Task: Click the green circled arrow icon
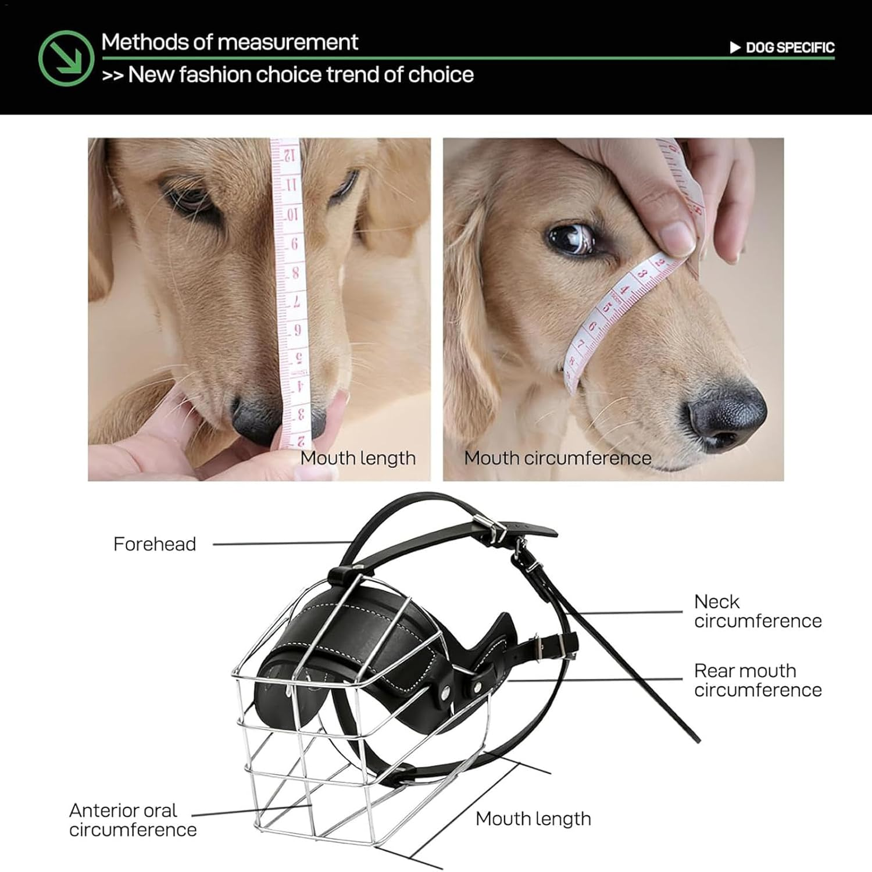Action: coord(66,58)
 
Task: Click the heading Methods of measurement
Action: coord(230,42)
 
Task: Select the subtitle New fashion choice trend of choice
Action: coord(288,75)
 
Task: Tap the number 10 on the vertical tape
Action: coord(292,215)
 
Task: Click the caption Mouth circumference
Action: coord(557,458)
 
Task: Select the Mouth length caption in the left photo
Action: coord(358,458)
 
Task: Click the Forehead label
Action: coord(155,544)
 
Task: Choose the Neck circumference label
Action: coord(757,611)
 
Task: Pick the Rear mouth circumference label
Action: coord(757,680)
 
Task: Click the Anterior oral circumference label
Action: coord(133,820)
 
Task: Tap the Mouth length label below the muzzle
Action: coord(533,819)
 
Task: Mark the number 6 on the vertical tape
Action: coord(295,244)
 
